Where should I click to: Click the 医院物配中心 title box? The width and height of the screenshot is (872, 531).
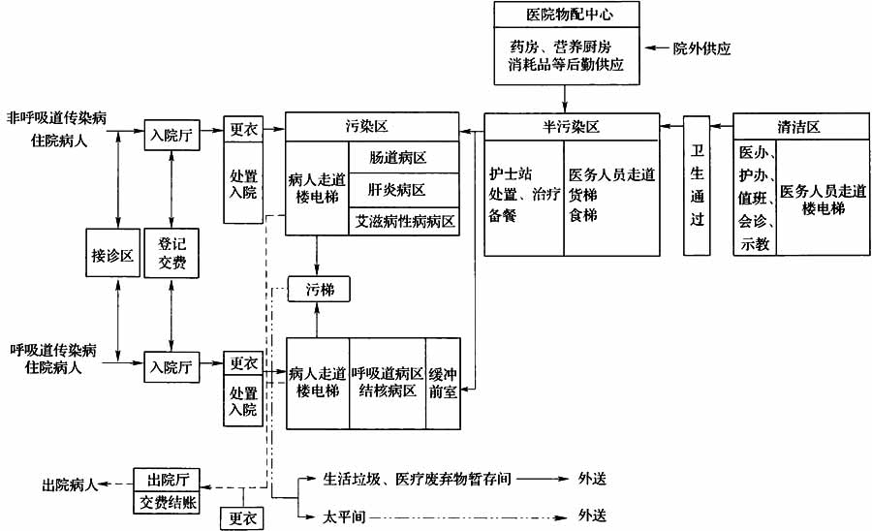click(x=567, y=15)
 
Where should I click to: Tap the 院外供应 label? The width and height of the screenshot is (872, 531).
click(x=701, y=47)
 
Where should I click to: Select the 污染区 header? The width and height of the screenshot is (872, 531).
click(x=372, y=127)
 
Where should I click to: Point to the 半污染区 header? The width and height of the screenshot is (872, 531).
click(x=572, y=127)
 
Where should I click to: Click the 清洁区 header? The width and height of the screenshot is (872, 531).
click(x=799, y=127)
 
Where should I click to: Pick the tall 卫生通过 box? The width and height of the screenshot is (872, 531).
click(x=696, y=185)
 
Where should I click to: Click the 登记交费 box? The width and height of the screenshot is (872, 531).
click(x=171, y=255)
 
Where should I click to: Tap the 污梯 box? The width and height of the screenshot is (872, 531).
click(x=319, y=289)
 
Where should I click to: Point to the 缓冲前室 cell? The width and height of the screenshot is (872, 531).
click(x=443, y=382)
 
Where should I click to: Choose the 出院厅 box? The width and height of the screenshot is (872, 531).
click(x=167, y=480)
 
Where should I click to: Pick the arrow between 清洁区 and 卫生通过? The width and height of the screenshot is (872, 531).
click(x=723, y=127)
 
